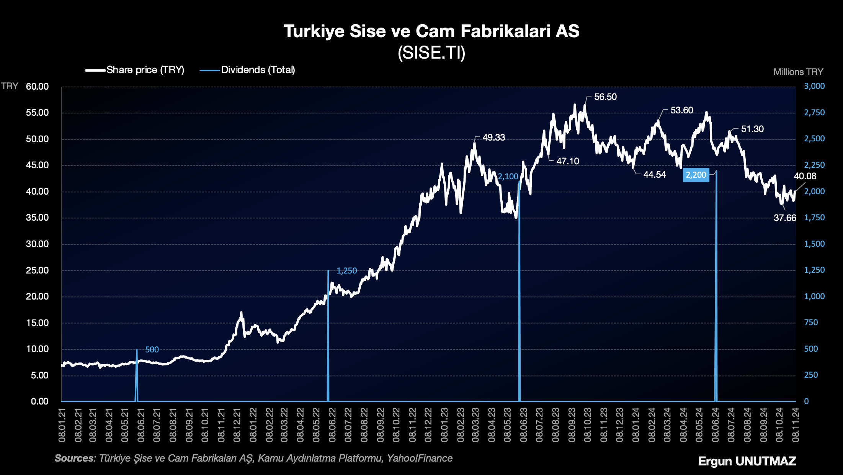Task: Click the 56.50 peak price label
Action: pyautogui.click(x=605, y=97)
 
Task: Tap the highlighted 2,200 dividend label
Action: pyautogui.click(x=696, y=175)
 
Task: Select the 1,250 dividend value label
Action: pyautogui.click(x=346, y=271)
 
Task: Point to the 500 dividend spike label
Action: pyautogui.click(x=152, y=350)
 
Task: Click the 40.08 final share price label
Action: pyautogui.click(x=805, y=176)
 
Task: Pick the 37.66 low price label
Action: pyautogui.click(x=785, y=218)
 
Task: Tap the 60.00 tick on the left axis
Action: pyautogui.click(x=38, y=87)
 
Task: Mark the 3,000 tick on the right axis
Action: pyautogui.click(x=814, y=86)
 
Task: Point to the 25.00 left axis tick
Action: pyautogui.click(x=38, y=270)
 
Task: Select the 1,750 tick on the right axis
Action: pyautogui.click(x=814, y=218)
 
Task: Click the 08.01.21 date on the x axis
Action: pyautogui.click(x=62, y=425)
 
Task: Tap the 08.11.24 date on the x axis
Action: pyautogui.click(x=796, y=425)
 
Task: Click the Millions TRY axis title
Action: pyautogui.click(x=798, y=72)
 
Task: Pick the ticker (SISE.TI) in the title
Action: pyautogui.click(x=431, y=53)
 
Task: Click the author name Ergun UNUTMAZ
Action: pyautogui.click(x=747, y=461)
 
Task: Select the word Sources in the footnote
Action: pyautogui.click(x=74, y=459)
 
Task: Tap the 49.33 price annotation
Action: pyautogui.click(x=493, y=138)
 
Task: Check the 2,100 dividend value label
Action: pyautogui.click(x=508, y=177)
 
